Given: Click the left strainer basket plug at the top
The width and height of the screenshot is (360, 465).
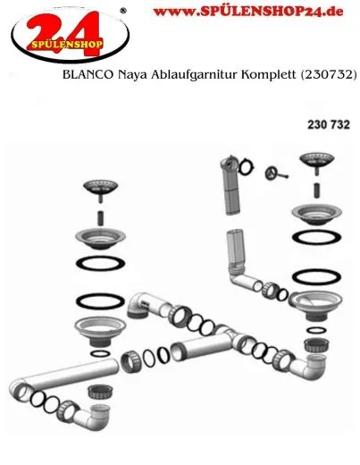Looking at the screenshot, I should (100, 188).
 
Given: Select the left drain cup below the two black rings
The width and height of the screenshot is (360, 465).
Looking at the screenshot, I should (96, 326).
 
